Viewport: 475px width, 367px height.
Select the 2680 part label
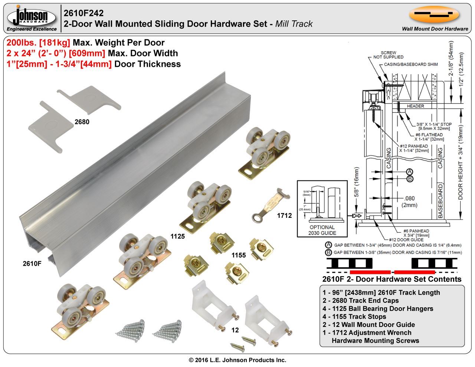pyautogui.click(x=82, y=121)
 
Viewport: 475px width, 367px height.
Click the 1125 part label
pyautogui.click(x=178, y=236)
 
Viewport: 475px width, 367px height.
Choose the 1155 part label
pyautogui.click(x=239, y=255)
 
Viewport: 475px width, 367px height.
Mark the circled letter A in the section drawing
pyautogui.click(x=410, y=171)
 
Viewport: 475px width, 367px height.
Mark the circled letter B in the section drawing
pyautogui.click(x=410, y=178)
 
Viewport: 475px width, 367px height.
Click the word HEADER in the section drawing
pyautogui.click(x=415, y=106)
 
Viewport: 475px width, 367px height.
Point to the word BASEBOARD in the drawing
pyautogui.click(x=440, y=200)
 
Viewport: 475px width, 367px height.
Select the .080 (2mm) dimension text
pyautogui.click(x=410, y=201)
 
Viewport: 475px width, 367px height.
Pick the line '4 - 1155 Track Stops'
pyautogui.click(x=354, y=317)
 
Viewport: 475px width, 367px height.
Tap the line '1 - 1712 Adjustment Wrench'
pyautogui.click(x=367, y=332)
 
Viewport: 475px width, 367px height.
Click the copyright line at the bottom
pyautogui.click(x=237, y=360)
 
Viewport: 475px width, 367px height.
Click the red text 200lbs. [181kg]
pyautogui.click(x=38, y=43)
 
